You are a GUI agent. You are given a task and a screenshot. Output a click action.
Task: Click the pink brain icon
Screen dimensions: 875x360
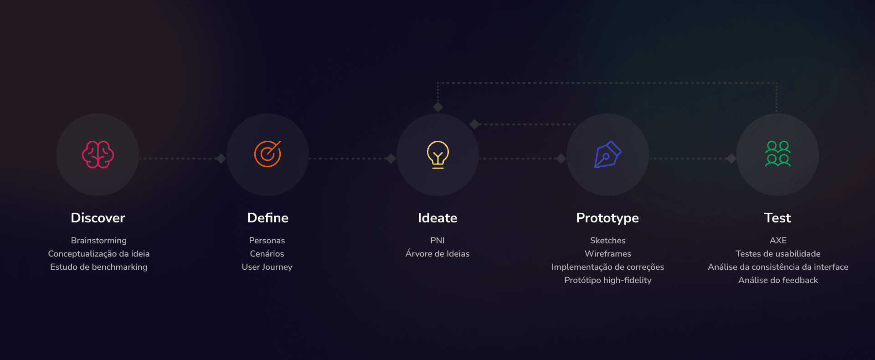[x=98, y=154]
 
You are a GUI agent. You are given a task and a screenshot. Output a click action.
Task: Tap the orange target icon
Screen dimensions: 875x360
[x=268, y=154]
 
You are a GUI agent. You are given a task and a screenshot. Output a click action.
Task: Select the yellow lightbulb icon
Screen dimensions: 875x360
[x=438, y=155]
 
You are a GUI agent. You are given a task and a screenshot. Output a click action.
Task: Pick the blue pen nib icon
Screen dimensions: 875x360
[x=608, y=154]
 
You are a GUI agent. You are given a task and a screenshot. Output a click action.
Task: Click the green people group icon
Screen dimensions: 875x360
[x=778, y=154]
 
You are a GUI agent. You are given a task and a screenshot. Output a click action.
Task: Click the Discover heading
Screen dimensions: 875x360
[x=98, y=218]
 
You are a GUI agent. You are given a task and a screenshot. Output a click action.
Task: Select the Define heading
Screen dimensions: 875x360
[x=268, y=218]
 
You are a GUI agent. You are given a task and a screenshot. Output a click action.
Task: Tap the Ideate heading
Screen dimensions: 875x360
[x=437, y=218]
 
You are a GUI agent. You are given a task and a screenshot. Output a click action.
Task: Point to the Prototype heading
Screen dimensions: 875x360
[x=607, y=218]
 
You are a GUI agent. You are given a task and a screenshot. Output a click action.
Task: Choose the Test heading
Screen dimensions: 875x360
[x=777, y=218]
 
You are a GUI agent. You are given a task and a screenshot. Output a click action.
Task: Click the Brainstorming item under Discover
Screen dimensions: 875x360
[x=99, y=241]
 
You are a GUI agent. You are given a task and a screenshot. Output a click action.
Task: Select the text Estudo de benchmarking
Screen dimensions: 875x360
[x=99, y=267]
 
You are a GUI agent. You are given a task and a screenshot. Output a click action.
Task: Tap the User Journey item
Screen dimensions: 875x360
[x=267, y=267]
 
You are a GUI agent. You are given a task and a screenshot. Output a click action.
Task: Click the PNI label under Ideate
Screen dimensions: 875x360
[x=437, y=241]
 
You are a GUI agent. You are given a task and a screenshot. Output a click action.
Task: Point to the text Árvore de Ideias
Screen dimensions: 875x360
[x=437, y=253]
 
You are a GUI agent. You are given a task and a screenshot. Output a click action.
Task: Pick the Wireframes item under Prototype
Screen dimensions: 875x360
[x=608, y=254]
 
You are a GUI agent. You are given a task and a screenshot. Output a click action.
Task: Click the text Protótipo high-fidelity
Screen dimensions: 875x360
[x=608, y=280]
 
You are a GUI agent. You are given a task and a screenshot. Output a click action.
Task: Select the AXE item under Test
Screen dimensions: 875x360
[x=778, y=241]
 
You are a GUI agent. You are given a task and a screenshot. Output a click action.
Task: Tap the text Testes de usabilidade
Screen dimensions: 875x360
[x=778, y=254]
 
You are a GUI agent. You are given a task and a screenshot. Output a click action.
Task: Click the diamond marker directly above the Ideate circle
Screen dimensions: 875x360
[x=438, y=107]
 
